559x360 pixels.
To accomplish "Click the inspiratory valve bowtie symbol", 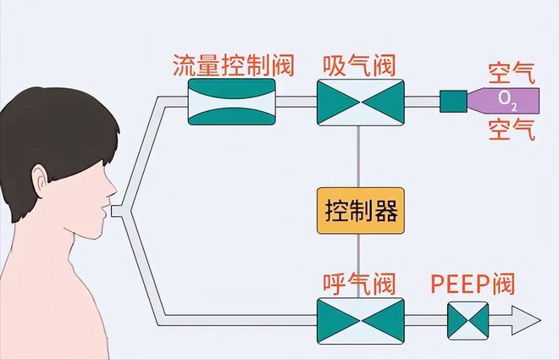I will pyautogui.click(x=360, y=102).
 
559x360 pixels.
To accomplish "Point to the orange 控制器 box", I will pyautogui.click(x=360, y=210).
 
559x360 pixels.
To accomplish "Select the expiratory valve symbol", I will pyautogui.click(x=360, y=320).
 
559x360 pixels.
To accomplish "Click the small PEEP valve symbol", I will pyautogui.click(x=468, y=321).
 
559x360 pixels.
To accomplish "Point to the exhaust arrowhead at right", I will pyautogui.click(x=526, y=321).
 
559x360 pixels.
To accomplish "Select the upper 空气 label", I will pyautogui.click(x=512, y=69).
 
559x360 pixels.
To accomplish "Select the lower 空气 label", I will pyautogui.click(x=512, y=131).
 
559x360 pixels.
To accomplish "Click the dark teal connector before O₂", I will pyautogui.click(x=453, y=102).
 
